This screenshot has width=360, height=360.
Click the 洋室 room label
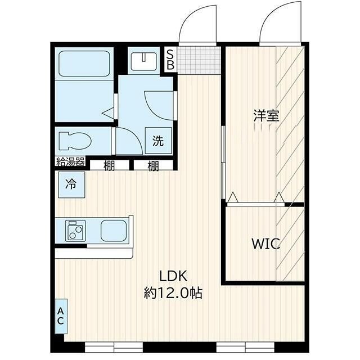point(266,116)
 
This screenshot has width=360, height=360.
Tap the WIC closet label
point(265,244)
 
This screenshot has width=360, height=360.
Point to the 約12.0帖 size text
point(173,292)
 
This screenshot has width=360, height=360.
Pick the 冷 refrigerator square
point(71,183)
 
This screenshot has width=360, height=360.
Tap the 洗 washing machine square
point(159,141)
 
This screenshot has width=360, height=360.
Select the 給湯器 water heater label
point(70,163)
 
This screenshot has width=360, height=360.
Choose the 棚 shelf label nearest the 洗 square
point(153,166)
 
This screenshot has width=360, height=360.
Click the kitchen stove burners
point(74,231)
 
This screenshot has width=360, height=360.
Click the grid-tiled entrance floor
point(199,59)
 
